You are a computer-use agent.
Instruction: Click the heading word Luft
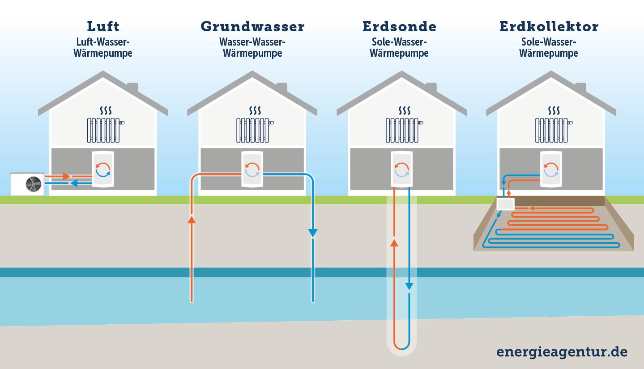pyautogui.click(x=104, y=26)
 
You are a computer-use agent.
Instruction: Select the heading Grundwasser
pyautogui.click(x=253, y=26)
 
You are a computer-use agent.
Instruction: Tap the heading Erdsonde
pyautogui.click(x=400, y=26)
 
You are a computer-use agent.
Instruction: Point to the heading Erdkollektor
pyautogui.click(x=549, y=26)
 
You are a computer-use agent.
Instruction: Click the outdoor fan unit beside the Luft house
pyautogui.click(x=27, y=183)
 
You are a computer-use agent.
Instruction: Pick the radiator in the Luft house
pyautogui.click(x=104, y=130)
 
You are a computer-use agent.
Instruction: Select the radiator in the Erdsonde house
pyautogui.click(x=402, y=130)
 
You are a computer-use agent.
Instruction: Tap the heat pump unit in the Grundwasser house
pyautogui.click(x=252, y=169)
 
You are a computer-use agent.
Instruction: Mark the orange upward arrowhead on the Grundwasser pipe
pyautogui.click(x=192, y=219)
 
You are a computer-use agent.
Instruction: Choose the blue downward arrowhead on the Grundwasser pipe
pyautogui.click(x=312, y=233)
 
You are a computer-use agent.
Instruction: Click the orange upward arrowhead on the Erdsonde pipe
pyautogui.click(x=394, y=243)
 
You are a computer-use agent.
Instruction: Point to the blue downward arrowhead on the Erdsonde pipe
pyautogui.click(x=409, y=286)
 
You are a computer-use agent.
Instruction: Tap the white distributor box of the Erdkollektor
pyautogui.click(x=506, y=204)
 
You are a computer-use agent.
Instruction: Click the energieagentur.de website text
pyautogui.click(x=562, y=352)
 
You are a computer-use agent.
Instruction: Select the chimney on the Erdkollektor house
pyautogui.click(x=580, y=87)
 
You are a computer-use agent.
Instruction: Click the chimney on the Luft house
pyautogui.click(x=132, y=87)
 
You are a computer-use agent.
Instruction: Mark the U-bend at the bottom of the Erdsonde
pyautogui.click(x=401, y=348)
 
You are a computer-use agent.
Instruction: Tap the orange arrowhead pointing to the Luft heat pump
pyautogui.click(x=66, y=177)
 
